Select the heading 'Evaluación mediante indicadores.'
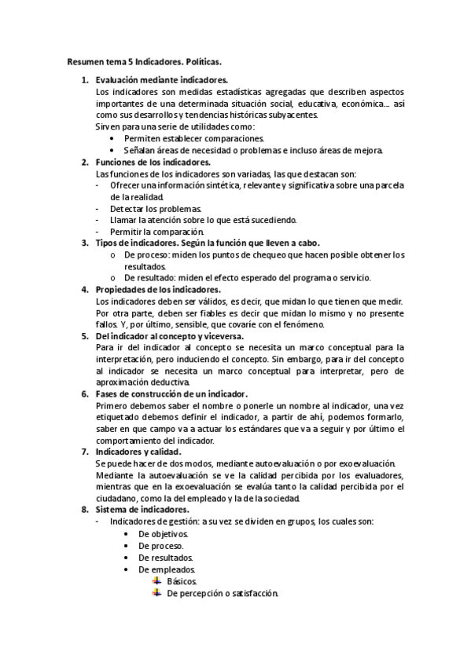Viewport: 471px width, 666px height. (161, 80)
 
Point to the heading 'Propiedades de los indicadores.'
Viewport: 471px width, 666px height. (158, 290)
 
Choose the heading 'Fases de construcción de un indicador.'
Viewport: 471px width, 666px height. (171, 394)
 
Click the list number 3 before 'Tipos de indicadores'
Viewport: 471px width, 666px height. (85, 243)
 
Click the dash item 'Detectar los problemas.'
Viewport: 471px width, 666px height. (156, 209)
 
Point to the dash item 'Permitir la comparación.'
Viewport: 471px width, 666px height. (157, 232)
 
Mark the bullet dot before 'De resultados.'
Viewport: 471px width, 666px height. (127, 558)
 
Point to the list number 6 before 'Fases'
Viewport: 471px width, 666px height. (85, 394)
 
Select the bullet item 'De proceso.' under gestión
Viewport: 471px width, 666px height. (161, 546)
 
